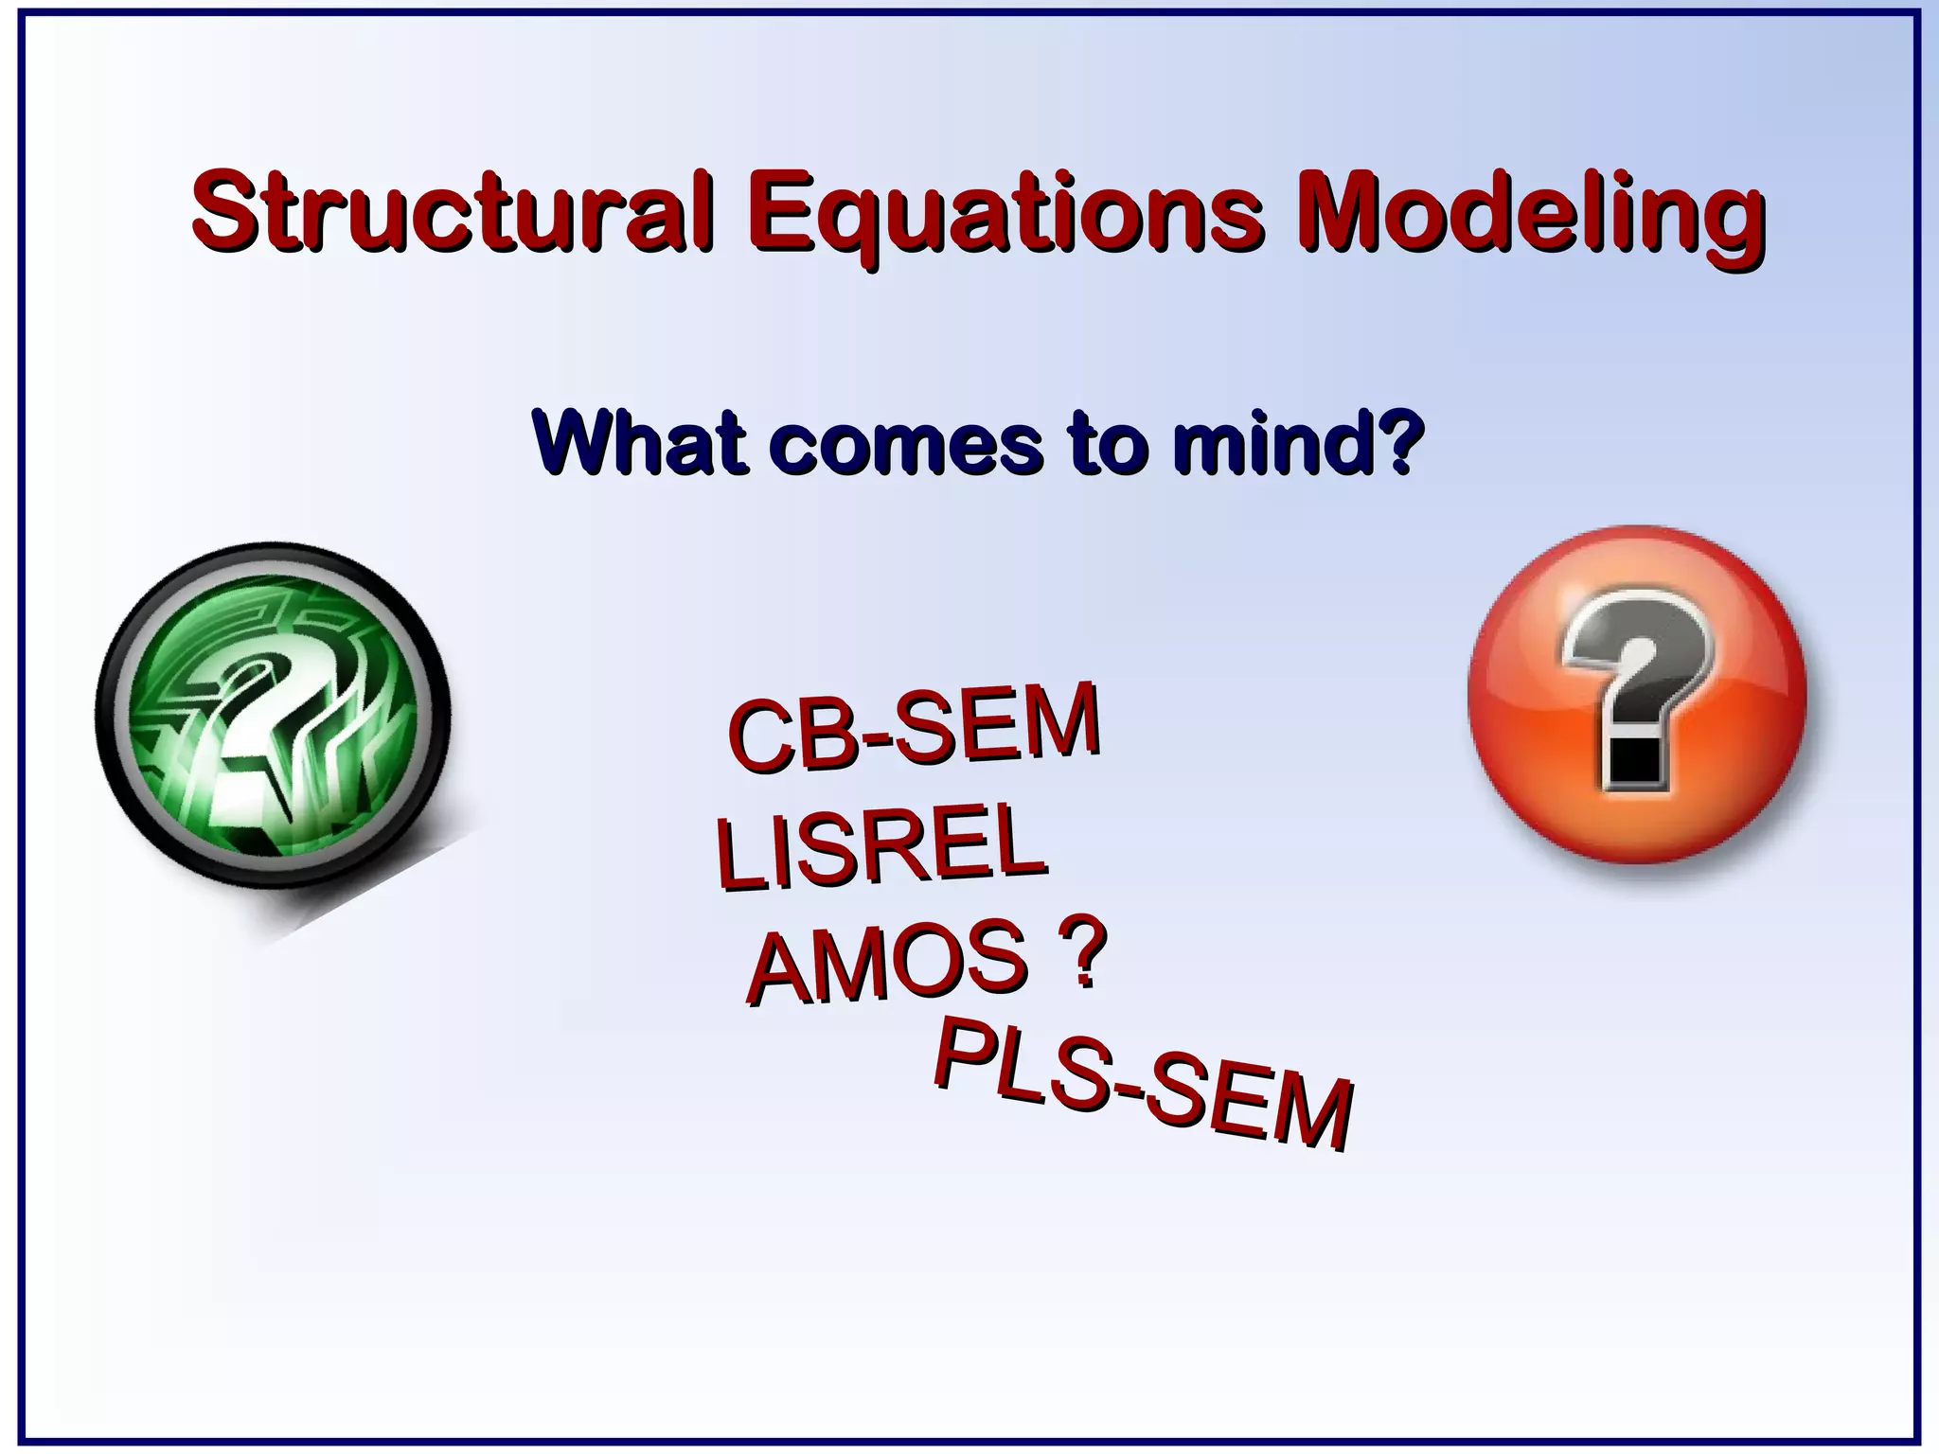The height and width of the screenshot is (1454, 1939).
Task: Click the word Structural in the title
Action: coord(450,210)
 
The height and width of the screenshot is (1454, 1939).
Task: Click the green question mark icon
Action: coord(272,717)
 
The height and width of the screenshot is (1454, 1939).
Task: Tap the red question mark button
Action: coord(1636,694)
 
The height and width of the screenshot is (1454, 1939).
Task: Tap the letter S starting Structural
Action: coord(225,210)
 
